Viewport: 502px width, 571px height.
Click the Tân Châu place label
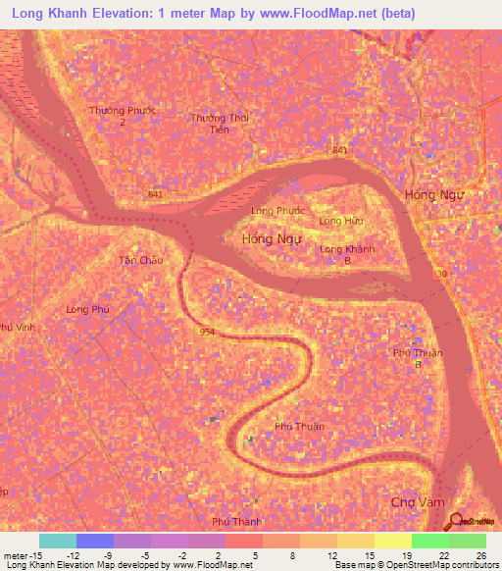tap(139, 260)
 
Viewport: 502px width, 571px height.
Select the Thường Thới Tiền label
tap(221, 124)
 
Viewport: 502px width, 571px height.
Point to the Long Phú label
tap(86, 309)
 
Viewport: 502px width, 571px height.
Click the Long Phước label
tap(277, 211)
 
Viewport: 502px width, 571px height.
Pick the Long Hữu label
tap(341, 222)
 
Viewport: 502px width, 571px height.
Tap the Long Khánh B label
tap(347, 254)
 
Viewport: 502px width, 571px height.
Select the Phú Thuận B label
tap(418, 358)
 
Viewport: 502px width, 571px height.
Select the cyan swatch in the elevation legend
tap(58, 541)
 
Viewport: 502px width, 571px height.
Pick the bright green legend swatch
tap(430, 541)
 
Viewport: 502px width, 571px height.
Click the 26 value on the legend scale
tap(479, 554)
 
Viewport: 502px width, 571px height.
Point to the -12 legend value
tap(73, 554)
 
